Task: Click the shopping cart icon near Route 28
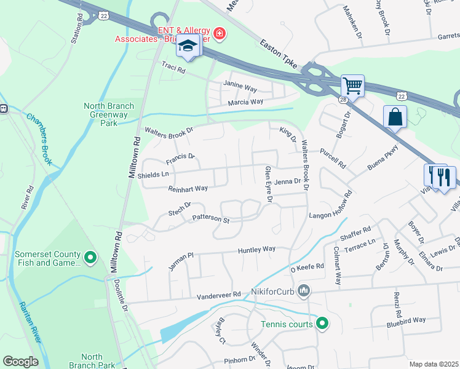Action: point(352,85)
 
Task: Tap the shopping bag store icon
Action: point(395,116)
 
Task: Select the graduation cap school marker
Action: point(188,47)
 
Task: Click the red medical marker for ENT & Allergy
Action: point(218,32)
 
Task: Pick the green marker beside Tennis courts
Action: point(322,323)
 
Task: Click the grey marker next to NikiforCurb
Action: point(303,290)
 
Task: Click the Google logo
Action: point(20,361)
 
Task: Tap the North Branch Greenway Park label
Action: point(108,114)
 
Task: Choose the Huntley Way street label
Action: point(256,250)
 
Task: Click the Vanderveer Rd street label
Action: point(218,296)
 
